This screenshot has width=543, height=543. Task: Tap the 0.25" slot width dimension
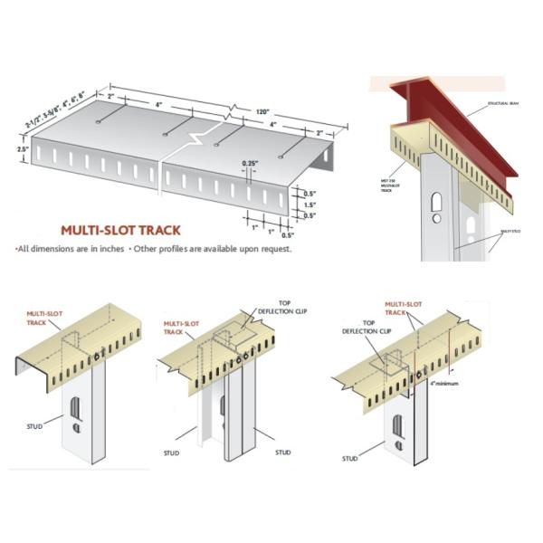pyautogui.click(x=250, y=163)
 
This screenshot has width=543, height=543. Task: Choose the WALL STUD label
pyautogui.click(x=516, y=232)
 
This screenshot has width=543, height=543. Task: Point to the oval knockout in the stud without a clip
pyautogui.click(x=76, y=404)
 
